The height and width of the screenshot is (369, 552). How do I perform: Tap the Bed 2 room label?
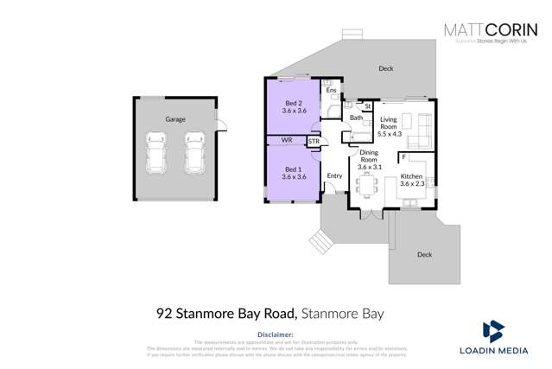294,106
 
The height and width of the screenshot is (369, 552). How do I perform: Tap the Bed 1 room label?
294,172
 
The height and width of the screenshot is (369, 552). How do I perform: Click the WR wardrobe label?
287,140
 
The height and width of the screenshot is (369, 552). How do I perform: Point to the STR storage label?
314,141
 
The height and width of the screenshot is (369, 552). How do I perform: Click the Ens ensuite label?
331,90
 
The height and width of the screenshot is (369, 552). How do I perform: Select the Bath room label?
356,118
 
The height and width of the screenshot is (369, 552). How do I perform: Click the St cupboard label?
367,106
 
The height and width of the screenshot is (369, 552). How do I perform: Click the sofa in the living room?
422,130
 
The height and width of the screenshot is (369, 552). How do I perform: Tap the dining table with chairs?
370,185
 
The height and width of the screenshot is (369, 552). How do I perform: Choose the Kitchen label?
411,179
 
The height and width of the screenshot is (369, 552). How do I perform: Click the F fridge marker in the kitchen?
403,157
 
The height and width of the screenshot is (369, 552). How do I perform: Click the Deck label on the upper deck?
385,68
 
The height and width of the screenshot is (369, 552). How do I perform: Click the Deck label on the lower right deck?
424,254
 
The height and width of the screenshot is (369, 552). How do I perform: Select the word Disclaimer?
276,333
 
